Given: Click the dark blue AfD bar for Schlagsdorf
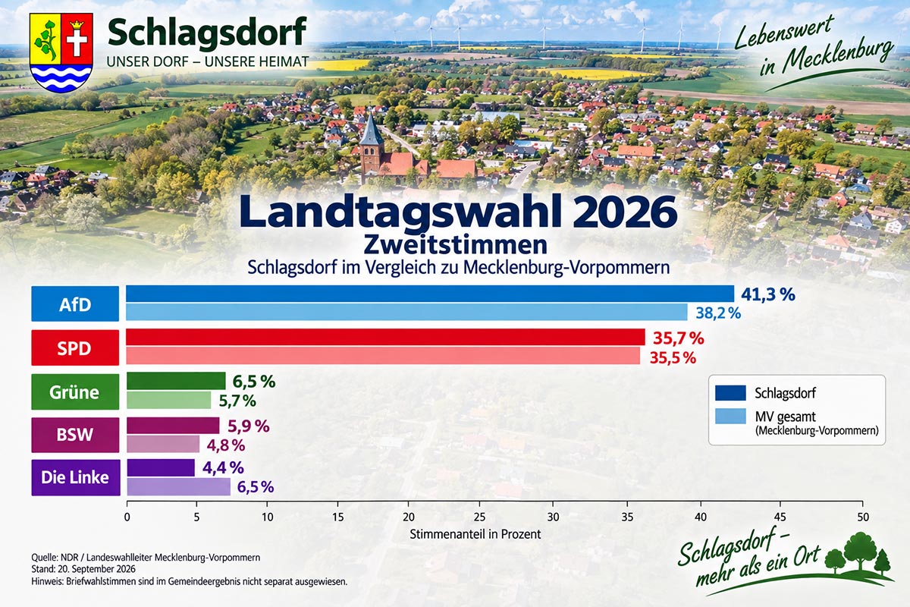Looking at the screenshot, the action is (x=430, y=294).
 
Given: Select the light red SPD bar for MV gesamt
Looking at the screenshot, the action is (x=383, y=355).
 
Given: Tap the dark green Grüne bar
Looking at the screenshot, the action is (x=176, y=381).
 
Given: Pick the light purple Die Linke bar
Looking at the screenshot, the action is (x=179, y=486).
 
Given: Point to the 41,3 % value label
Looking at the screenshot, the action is (x=768, y=294).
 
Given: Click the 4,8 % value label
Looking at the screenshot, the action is (x=226, y=445).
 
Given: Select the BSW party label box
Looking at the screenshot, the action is (x=75, y=435).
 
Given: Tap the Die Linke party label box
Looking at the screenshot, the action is (x=76, y=477).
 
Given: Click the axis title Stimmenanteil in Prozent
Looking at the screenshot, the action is (x=475, y=534).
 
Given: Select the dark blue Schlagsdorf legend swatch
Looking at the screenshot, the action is (x=730, y=393).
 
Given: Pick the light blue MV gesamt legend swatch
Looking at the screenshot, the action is (x=730, y=417).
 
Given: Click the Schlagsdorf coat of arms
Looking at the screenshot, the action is (x=61, y=52).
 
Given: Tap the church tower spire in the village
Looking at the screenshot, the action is (x=372, y=129).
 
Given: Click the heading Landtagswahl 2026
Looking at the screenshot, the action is (x=458, y=212).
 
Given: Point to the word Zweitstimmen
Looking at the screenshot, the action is (x=456, y=245).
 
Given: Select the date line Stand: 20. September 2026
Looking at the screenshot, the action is (x=83, y=569).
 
